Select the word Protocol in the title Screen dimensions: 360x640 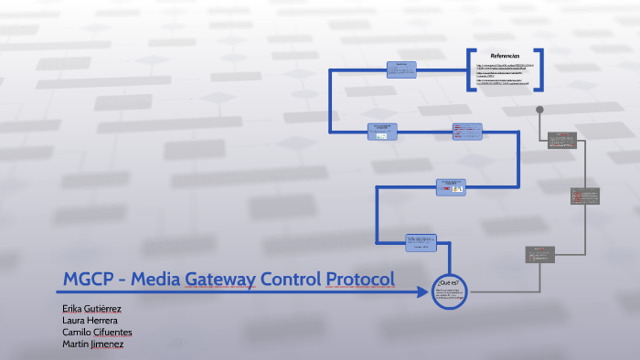357,279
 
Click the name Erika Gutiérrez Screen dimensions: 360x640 91,309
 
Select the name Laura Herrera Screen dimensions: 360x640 90,321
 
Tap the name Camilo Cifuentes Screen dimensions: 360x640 95,333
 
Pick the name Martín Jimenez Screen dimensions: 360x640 92,344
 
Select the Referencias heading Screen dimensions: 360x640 505,57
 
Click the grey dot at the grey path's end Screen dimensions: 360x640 539,111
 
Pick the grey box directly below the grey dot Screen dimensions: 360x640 562,140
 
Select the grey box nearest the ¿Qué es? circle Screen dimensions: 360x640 539,255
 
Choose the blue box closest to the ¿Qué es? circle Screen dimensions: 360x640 421,243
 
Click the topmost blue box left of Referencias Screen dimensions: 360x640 400,69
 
